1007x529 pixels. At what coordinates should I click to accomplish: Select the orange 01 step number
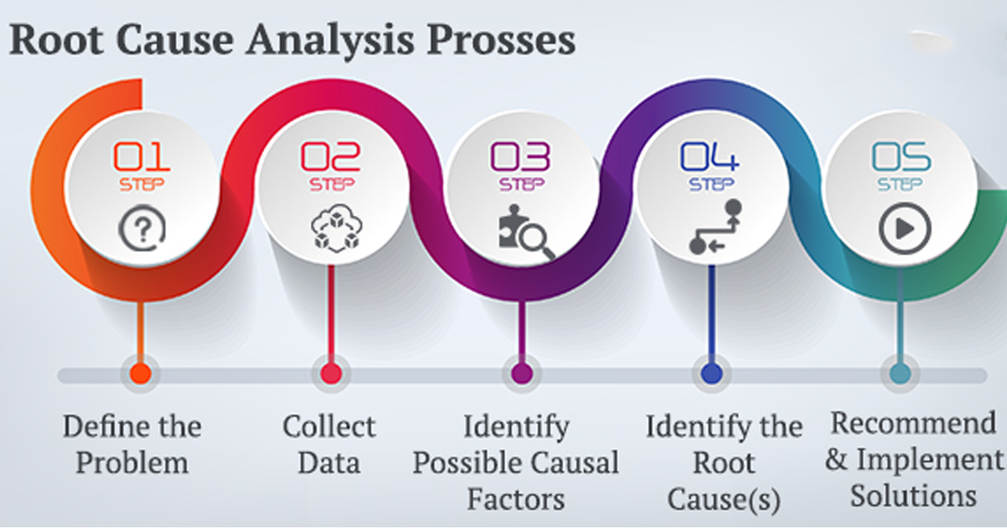[142, 156]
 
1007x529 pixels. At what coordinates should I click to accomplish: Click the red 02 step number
[331, 156]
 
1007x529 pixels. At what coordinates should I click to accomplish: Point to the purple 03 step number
[520, 156]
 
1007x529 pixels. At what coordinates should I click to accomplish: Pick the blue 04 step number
[710, 156]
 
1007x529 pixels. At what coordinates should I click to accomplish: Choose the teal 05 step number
[900, 156]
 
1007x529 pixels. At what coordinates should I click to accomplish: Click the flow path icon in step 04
[711, 226]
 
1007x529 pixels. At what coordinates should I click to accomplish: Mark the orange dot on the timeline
[141, 373]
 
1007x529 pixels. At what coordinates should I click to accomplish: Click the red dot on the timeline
[331, 373]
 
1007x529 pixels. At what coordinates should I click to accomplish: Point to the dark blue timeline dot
[711, 373]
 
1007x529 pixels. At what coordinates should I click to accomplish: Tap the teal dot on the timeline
[900, 373]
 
